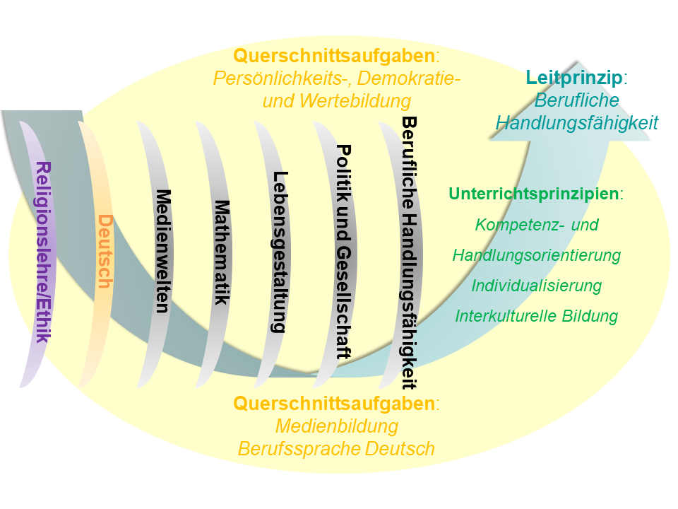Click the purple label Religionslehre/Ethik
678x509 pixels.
(43, 252)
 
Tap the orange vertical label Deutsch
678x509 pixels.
(105, 251)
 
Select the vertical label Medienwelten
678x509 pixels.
(163, 251)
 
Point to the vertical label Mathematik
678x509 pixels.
(222, 252)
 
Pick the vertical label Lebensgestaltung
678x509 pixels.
(280, 252)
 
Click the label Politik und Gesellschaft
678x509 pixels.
(344, 252)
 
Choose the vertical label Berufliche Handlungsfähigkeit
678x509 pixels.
(410, 252)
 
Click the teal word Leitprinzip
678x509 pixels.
(573, 78)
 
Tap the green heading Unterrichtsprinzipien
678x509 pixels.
(534, 194)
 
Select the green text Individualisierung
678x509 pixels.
(537, 286)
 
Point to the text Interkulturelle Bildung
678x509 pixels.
(537, 316)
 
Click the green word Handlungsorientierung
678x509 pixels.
(537, 255)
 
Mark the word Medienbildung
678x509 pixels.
(337, 426)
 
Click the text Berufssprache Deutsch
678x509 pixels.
(336, 448)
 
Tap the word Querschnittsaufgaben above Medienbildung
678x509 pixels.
(334, 404)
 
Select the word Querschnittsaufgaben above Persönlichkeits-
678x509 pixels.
(334, 56)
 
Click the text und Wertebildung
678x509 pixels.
(337, 101)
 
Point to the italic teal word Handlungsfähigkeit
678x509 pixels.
(577, 123)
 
